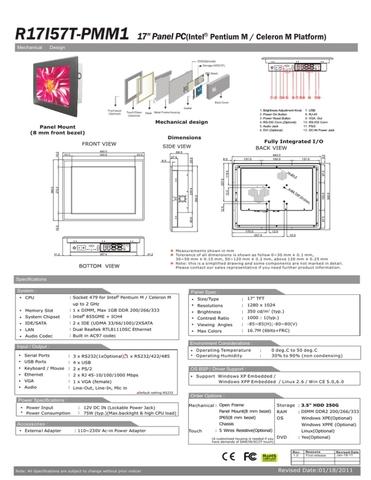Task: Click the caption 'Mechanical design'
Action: point(182,121)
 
